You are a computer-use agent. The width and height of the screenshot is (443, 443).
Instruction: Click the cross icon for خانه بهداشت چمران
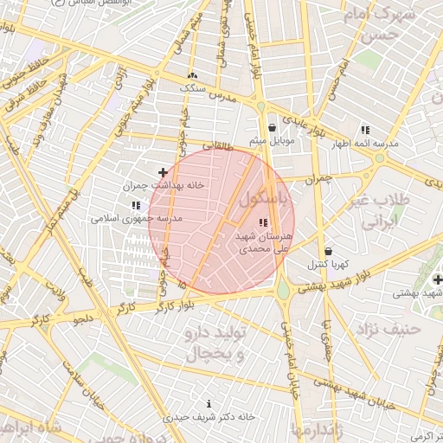click(x=163, y=173)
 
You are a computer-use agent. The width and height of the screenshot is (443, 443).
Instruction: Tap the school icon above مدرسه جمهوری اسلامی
click(x=135, y=206)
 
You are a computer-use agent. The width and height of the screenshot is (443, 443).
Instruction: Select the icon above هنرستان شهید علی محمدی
click(x=263, y=223)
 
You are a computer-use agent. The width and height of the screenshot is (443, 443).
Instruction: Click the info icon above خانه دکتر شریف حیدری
click(x=209, y=403)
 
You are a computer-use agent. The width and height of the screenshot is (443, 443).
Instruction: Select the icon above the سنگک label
click(x=191, y=76)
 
